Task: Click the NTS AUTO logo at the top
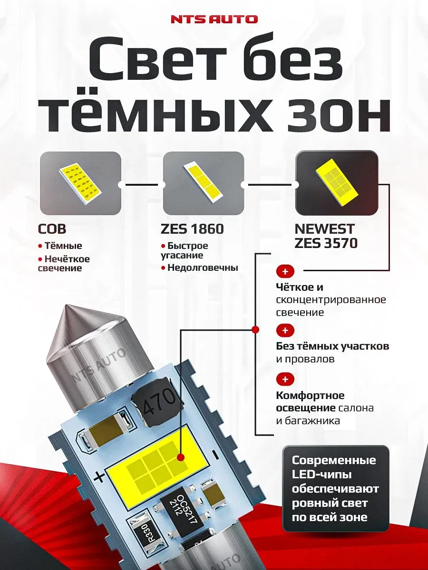pyautogui.click(x=214, y=19)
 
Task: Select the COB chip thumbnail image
pyautogui.click(x=80, y=183)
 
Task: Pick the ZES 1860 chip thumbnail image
pyautogui.click(x=203, y=183)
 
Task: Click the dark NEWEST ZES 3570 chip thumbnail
pyautogui.click(x=337, y=183)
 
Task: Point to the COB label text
pyautogui.click(x=52, y=229)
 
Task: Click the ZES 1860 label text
pyautogui.click(x=192, y=229)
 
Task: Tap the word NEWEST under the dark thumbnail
pyautogui.click(x=324, y=229)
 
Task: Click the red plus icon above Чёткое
pyautogui.click(x=285, y=272)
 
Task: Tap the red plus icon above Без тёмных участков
pyautogui.click(x=285, y=331)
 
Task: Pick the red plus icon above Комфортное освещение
pyautogui.click(x=285, y=380)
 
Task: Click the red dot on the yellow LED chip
pyautogui.click(x=181, y=457)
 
